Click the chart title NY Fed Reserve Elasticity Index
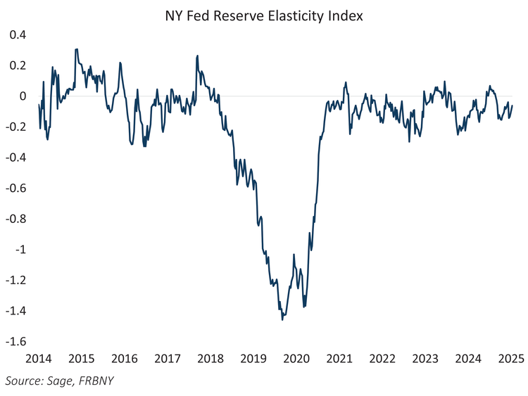(264, 15)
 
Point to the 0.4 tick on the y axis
(17, 35)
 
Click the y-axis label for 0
(23, 96)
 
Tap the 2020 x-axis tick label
(296, 359)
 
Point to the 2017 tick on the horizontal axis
(168, 359)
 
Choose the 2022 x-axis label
(382, 359)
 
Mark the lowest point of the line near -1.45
(282, 320)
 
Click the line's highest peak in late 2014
(76, 49)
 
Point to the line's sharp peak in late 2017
(197, 56)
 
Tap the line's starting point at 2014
(39, 105)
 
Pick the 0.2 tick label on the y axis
(17, 65)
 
